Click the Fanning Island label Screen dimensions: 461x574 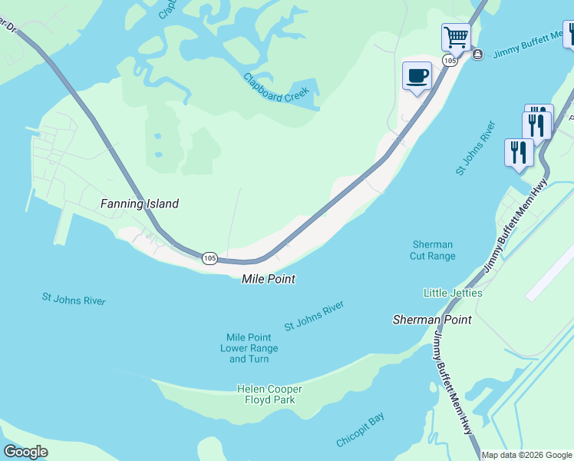coord(140,204)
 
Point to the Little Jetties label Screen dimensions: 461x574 coord(453,293)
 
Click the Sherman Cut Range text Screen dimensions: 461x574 coord(433,250)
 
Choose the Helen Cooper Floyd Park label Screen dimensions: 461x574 coord(269,394)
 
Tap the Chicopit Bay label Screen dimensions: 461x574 coord(360,430)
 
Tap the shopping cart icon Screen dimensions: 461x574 coord(456,36)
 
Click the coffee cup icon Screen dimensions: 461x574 coord(417,75)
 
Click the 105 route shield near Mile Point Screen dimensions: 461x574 coord(209,258)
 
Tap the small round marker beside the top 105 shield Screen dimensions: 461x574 coord(477,54)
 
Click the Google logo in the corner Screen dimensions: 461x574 coord(25,452)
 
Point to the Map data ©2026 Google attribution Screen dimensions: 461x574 coord(526,455)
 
